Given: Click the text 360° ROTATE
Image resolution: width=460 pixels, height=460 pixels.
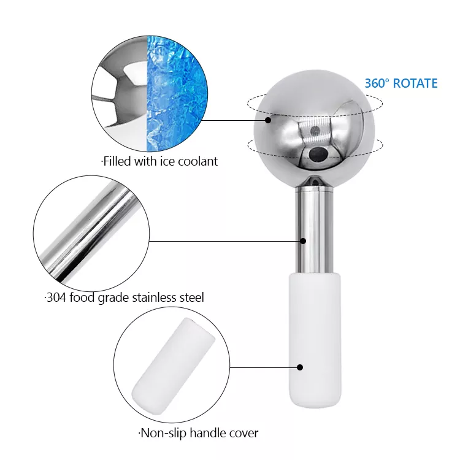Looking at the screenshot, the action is coord(401,83).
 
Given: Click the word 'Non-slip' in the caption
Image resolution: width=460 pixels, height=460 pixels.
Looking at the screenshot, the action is coord(163,433).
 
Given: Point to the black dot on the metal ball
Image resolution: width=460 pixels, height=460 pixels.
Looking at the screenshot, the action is coord(267,120).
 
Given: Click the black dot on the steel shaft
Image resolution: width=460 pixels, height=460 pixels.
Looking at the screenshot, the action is coord(303,241).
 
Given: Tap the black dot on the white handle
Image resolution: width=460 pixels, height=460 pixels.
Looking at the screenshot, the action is coord(300,367).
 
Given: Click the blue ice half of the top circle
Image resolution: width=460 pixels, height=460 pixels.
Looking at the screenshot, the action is coord(175,94).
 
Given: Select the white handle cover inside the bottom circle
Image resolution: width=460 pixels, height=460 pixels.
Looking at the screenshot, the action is coord(173,366).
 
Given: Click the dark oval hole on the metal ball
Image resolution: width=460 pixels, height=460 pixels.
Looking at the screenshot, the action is coord(318,153).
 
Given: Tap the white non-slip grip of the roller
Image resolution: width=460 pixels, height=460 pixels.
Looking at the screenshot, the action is coord(315,340).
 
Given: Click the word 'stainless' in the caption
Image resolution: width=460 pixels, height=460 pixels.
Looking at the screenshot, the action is coord(153,297).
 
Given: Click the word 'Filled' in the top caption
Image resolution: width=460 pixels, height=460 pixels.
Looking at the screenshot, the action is coord(117,161).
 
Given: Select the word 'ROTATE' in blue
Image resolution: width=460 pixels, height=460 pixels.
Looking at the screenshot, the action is coord(415,83).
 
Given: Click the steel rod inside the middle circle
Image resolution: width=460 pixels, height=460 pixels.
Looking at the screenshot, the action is coord(91,232).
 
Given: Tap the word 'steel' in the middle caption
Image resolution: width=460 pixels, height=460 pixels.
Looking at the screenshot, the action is coord(190,297).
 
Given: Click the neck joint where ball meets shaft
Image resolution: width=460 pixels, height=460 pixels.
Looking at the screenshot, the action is coord(314,183).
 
